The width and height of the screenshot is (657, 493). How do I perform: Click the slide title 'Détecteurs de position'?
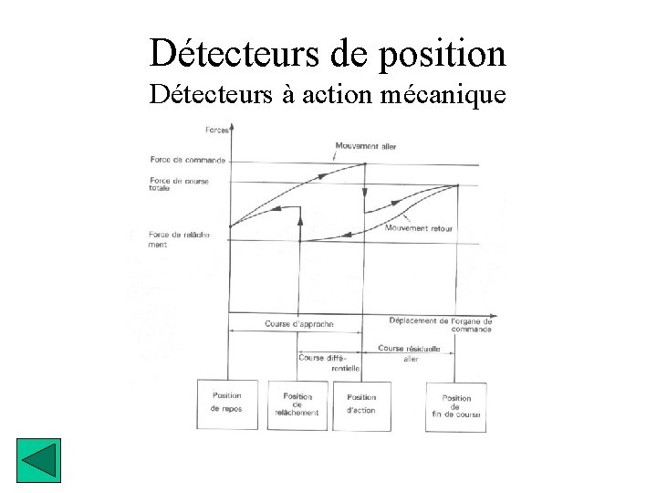point(328,53)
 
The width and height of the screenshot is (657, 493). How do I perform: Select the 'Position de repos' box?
point(226,404)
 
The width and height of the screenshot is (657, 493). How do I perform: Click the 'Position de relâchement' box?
point(297,404)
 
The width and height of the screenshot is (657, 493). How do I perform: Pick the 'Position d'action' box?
point(361,404)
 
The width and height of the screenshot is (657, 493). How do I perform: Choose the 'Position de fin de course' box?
point(456,406)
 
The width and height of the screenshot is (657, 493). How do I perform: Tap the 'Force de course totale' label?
point(179,184)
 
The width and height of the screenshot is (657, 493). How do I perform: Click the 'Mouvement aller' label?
point(365,146)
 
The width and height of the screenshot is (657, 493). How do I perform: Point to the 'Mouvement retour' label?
point(419,228)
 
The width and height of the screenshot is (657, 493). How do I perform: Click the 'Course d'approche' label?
point(298,324)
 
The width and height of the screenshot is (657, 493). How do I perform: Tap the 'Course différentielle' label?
point(329,362)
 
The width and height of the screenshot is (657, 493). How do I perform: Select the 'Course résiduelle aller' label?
point(409,353)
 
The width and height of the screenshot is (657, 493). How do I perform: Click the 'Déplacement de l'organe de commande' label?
point(440,325)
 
